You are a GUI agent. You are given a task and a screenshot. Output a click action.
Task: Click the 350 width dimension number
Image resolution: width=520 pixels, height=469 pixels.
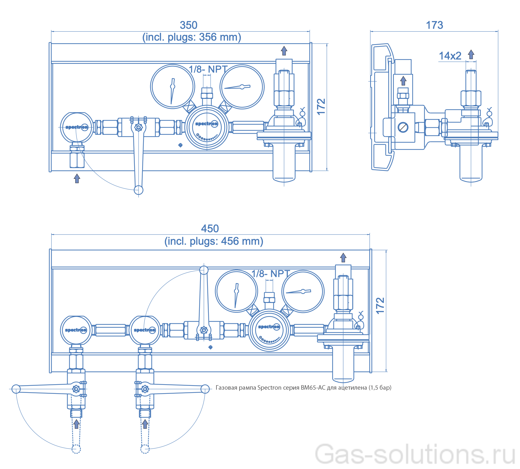coord(189,25)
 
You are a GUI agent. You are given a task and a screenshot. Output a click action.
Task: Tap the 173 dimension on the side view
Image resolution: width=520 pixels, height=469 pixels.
coord(434,25)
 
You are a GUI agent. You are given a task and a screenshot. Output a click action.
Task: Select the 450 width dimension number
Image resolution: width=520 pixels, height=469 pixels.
coord(210,228)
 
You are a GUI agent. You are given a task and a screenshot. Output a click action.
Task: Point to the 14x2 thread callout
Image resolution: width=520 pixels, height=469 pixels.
coord(450,56)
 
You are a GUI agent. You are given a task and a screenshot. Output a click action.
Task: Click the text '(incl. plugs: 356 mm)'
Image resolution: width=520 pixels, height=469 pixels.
coord(191,37)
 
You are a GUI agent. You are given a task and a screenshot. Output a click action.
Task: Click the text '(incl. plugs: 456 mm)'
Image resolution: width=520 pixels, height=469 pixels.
coord(214,241)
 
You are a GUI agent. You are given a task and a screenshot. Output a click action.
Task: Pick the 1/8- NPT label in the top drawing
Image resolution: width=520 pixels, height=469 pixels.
coord(208,69)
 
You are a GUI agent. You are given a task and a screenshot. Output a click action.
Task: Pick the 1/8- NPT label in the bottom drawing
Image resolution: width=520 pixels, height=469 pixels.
coord(271,274)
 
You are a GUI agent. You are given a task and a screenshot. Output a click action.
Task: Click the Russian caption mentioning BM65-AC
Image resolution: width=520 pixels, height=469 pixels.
coord(303,387)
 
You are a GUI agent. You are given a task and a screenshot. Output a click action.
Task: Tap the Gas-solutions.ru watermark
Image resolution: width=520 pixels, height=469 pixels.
coord(415,454)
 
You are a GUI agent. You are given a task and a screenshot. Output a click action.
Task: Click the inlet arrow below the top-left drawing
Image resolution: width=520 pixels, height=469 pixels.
coord(77,178)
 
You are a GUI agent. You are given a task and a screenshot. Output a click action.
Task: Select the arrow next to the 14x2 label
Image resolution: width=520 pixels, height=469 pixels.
coord(471,54)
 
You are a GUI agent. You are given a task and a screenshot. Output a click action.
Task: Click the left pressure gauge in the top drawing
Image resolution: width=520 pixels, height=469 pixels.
coord(173,87)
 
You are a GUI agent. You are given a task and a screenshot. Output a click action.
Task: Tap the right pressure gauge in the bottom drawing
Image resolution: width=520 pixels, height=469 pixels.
coord(303,291)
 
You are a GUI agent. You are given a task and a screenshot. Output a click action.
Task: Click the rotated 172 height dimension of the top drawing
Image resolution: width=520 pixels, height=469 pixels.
coord(321,107)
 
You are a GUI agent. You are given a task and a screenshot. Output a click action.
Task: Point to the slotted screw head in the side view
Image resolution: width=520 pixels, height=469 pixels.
coord(403,127)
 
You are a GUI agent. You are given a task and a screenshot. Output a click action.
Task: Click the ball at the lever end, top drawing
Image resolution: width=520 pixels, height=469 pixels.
coord(138,190)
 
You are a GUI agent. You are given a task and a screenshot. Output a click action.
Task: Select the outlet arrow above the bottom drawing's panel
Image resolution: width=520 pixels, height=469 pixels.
coord(343,258)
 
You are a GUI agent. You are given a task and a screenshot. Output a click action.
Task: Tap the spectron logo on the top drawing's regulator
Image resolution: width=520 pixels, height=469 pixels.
coord(207,124)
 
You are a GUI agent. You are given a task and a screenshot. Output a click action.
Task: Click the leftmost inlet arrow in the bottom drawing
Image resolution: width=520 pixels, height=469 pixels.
coord(76,424)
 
